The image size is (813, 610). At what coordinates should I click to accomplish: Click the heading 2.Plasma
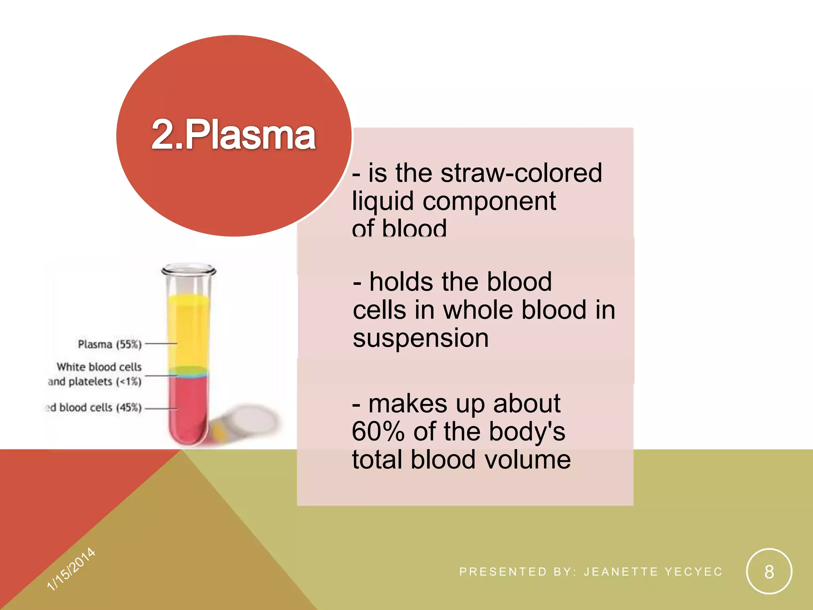pyautogui.click(x=233, y=135)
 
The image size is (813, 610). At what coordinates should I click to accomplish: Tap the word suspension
pyautogui.click(x=420, y=338)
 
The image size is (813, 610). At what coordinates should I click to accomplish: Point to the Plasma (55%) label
pyautogui.click(x=110, y=344)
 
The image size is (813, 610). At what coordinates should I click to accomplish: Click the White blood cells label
pyautogui.click(x=99, y=367)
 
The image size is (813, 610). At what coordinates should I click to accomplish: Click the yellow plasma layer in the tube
pyautogui.click(x=188, y=330)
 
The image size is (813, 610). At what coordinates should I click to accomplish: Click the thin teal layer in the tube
pyautogui.click(x=188, y=373)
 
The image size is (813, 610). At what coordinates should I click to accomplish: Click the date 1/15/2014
pyautogui.click(x=71, y=569)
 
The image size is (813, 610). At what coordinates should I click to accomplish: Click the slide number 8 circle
pyautogui.click(x=769, y=571)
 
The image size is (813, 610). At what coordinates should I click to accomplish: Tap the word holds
pyautogui.click(x=401, y=282)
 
